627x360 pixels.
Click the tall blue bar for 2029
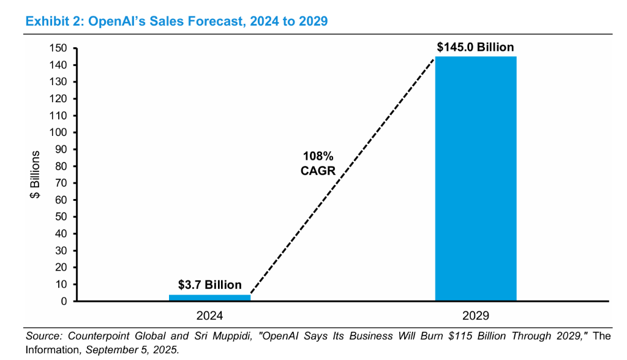475,178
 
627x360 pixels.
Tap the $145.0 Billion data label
475,47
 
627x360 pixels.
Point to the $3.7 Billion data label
209,285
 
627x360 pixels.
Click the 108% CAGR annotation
318,163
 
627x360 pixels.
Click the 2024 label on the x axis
209,316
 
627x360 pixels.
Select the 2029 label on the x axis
476,316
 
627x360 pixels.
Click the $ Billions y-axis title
36,174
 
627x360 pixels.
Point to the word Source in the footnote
43,336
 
